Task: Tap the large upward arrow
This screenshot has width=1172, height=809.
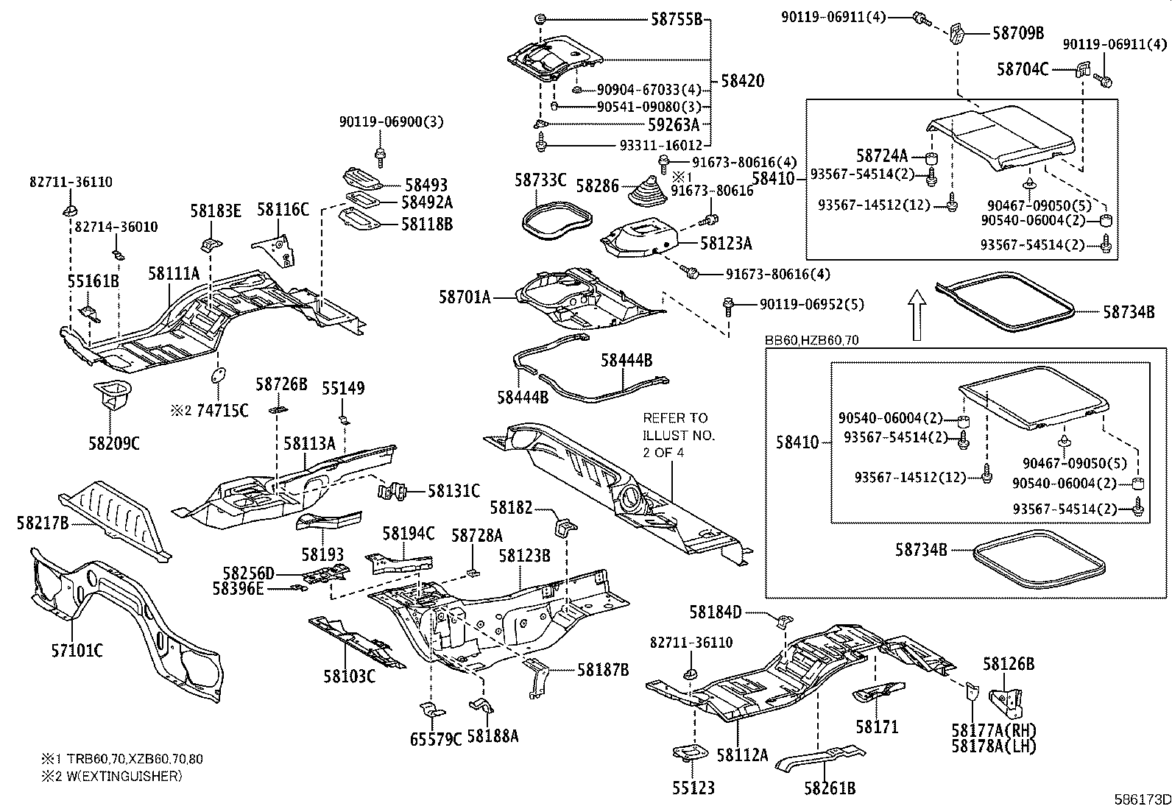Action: (x=916, y=314)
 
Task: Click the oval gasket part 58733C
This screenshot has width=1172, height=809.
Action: (x=557, y=219)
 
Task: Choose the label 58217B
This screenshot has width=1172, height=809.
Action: (x=42, y=523)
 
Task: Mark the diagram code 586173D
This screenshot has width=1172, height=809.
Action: (x=1141, y=799)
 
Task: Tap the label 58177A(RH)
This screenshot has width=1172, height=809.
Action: (x=993, y=731)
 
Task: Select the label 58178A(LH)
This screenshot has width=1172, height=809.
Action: (x=993, y=746)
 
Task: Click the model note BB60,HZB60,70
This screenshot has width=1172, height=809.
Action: (x=811, y=340)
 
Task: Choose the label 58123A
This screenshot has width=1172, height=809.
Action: (x=726, y=243)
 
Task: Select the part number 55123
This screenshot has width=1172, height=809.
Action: (x=693, y=788)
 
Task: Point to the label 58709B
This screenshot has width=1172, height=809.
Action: (x=1017, y=33)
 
